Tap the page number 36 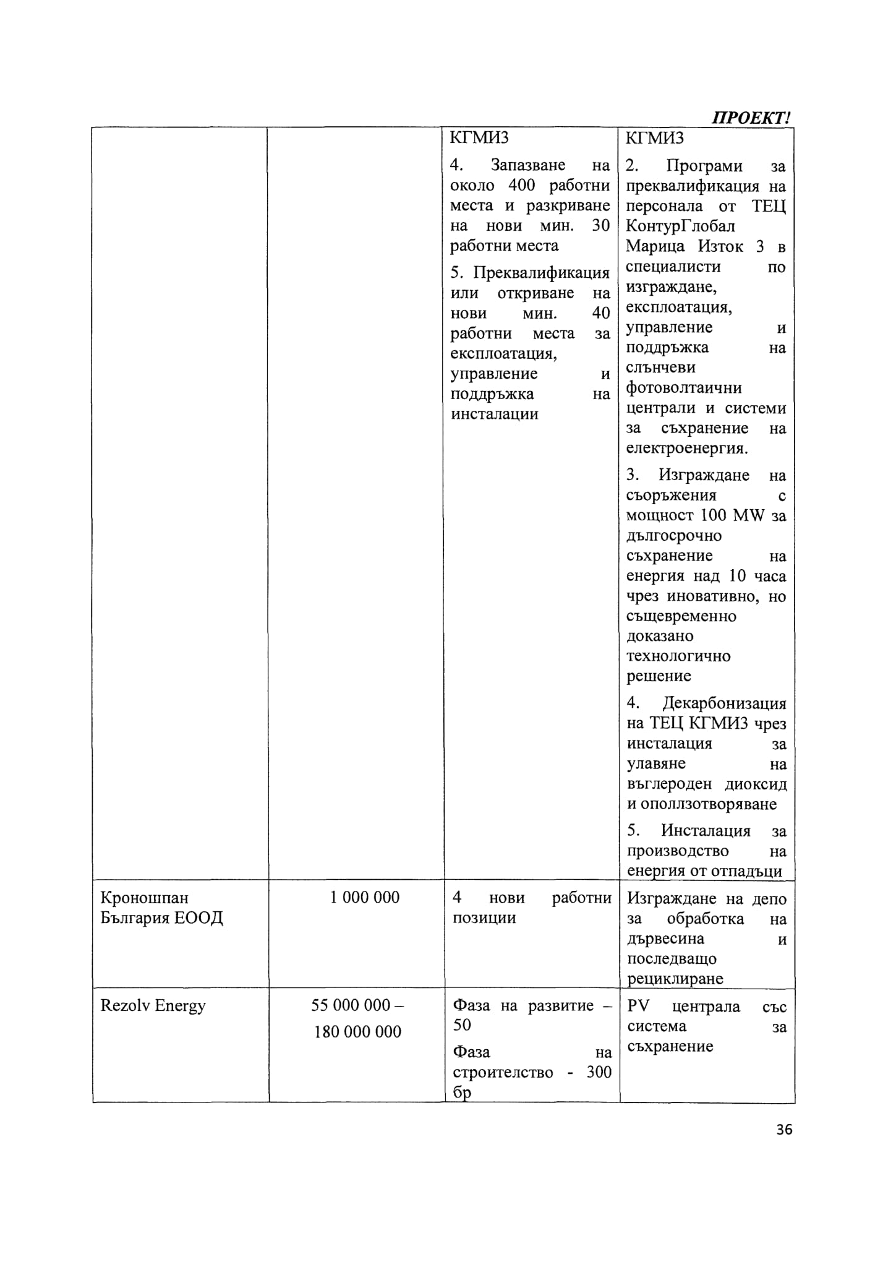pos(783,1130)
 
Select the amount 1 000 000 pos(365,897)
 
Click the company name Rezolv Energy pos(153,1005)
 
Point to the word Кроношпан pos(144,897)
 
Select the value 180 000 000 pos(357,1031)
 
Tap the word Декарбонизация pos(724,703)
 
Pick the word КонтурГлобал pos(680,226)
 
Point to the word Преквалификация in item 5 pos(542,273)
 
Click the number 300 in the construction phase pos(599,1072)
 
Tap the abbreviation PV pos(638,1006)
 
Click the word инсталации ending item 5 pos(494,414)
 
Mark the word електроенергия pos(686,448)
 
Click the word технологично pos(678,656)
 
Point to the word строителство pos(503,1072)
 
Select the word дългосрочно pos(674,535)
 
